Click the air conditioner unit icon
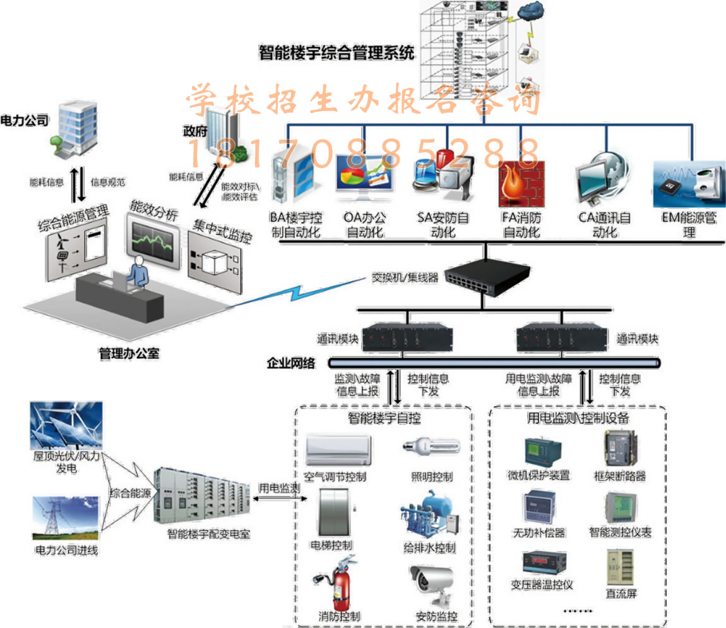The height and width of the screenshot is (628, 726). tap(336, 450)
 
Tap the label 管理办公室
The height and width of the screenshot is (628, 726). tap(129, 353)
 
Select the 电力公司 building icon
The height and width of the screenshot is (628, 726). tap(74, 130)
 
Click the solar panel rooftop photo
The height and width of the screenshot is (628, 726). tap(66, 426)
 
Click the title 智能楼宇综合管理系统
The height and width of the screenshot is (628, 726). tap(336, 52)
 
